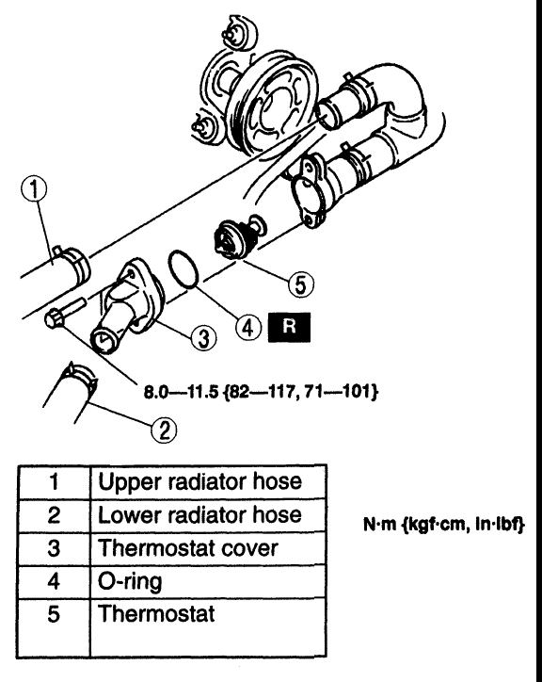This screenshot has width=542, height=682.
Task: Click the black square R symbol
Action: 291,328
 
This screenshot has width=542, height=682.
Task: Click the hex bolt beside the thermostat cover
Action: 57,317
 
